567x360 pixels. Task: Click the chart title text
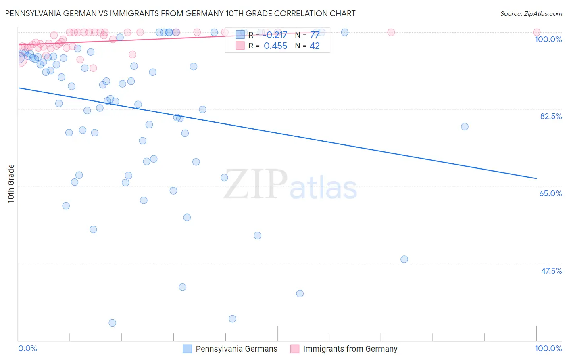180,13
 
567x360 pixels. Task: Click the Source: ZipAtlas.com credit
531,13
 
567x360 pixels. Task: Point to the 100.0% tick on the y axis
548,39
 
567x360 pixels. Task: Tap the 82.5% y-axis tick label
551,116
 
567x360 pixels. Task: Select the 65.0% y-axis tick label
550,193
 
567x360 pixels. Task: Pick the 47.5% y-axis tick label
551,271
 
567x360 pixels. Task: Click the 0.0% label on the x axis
27,348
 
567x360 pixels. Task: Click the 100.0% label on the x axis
548,348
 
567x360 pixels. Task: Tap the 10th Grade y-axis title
11,184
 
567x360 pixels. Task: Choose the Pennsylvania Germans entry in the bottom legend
236,349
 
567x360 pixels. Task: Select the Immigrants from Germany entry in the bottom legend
350,349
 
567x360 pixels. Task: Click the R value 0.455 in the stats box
275,46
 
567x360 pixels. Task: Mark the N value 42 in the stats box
315,46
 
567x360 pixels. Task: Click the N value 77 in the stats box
315,35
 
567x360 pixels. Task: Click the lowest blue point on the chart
113,323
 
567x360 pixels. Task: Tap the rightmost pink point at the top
536,32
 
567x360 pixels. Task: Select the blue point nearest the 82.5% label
465,127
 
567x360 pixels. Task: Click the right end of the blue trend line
536,178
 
